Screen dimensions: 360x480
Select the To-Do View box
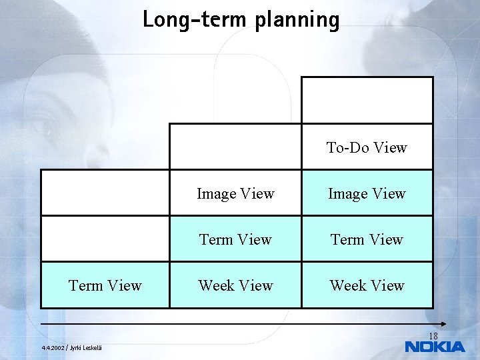pyautogui.click(x=367, y=147)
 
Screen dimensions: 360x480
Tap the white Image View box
pyautogui.click(x=235, y=193)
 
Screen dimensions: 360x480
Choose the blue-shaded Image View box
pyautogui.click(x=367, y=193)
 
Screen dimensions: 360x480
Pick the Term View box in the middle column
pyautogui.click(x=235, y=239)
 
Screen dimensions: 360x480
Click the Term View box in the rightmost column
pyautogui.click(x=367, y=239)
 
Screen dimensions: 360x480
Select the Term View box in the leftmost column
pyautogui.click(x=105, y=285)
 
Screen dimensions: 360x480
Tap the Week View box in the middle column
pyautogui.click(x=235, y=285)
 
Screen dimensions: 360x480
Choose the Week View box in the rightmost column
pyautogui.click(x=367, y=285)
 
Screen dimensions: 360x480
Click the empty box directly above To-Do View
pyautogui.click(x=367, y=101)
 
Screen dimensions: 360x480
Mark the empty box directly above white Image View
pyautogui.click(x=235, y=147)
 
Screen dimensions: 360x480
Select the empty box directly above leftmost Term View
pyautogui.click(x=105, y=239)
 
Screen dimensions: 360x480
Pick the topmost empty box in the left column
pyautogui.click(x=105, y=193)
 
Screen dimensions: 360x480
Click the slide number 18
pyautogui.click(x=433, y=336)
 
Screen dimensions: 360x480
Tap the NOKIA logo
pyautogui.click(x=435, y=347)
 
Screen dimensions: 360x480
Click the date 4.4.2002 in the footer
pyautogui.click(x=53, y=347)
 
